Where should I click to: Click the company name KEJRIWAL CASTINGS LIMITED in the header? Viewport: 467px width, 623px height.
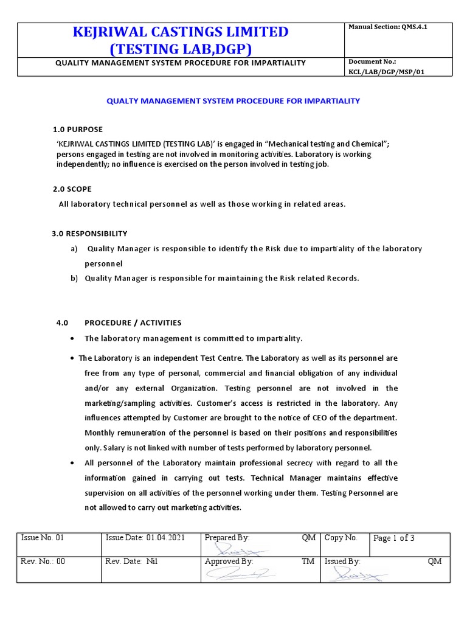click(x=181, y=32)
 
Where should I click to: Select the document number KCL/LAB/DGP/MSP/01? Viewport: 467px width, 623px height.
click(x=387, y=72)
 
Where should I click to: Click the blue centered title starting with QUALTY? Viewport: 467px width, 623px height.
click(x=233, y=101)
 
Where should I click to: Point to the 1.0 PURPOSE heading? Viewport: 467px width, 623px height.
click(x=77, y=130)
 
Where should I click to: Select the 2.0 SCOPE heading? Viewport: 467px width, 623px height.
click(x=72, y=189)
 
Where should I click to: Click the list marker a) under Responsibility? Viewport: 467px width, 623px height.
click(x=74, y=249)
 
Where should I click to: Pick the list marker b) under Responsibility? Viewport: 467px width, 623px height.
click(x=74, y=279)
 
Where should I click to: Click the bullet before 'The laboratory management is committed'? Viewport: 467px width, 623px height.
click(x=73, y=338)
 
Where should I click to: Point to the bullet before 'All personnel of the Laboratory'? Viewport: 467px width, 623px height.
click(x=73, y=463)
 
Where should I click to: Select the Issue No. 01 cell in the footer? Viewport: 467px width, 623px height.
click(x=42, y=538)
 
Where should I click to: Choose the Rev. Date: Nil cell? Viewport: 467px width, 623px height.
click(x=131, y=562)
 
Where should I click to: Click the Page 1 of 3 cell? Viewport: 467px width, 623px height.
click(x=393, y=538)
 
